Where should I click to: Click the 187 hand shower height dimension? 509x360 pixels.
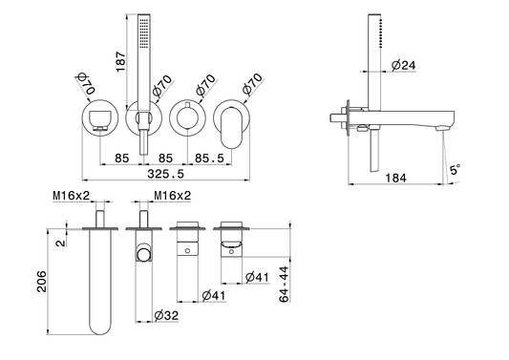coord(120,62)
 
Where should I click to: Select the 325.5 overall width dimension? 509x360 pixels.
coord(165,174)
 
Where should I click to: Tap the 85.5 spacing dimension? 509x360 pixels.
coord(209,159)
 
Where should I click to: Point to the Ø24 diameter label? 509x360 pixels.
coord(404,65)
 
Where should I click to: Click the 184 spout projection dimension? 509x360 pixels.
coord(395,178)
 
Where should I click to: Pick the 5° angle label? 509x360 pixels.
coord(455,169)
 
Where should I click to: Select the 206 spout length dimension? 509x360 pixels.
coord(42,282)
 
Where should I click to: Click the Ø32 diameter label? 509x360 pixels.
coord(166,315)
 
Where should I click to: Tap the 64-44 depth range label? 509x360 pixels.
coord(284,285)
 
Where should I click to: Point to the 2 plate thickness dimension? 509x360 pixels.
coord(61,243)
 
